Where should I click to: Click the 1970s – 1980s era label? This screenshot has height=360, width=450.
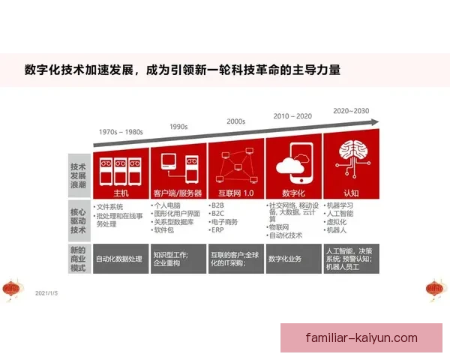(x=121, y=132)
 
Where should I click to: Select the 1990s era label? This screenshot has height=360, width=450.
(x=178, y=126)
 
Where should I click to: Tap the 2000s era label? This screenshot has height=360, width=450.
(x=235, y=121)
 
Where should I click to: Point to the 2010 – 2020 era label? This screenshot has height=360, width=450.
(x=292, y=116)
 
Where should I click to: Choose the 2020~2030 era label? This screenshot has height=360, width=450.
(x=350, y=111)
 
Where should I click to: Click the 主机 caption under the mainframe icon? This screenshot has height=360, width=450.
(x=121, y=193)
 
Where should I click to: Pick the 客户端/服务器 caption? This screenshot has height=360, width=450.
(x=178, y=193)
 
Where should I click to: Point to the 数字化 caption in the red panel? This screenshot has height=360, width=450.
(x=293, y=192)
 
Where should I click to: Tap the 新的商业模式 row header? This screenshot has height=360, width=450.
(x=78, y=258)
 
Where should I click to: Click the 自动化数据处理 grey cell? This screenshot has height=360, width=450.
(x=121, y=259)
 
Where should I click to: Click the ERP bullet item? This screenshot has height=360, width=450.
(x=219, y=230)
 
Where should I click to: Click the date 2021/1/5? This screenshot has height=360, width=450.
(x=46, y=293)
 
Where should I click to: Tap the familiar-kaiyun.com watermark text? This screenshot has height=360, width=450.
(x=361, y=337)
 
